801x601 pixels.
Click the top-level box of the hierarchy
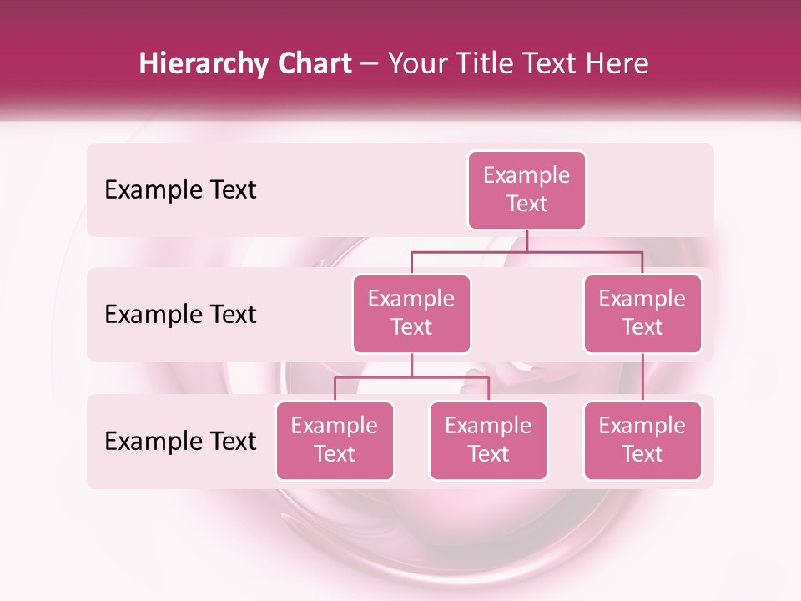(526, 189)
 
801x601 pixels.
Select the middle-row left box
(411, 313)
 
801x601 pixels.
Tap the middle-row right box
(642, 313)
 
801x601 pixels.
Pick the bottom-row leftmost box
(335, 440)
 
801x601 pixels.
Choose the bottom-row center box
(488, 440)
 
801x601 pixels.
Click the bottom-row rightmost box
(642, 440)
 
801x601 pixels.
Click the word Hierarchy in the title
(203, 64)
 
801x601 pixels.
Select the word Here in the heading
(617, 63)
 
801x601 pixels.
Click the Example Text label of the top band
(180, 190)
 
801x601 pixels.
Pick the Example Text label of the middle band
(180, 315)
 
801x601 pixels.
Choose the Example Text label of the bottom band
(180, 441)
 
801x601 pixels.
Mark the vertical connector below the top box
(526, 240)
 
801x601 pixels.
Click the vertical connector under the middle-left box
(411, 365)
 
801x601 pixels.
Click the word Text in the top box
(526, 204)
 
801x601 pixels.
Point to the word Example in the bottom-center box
(488, 426)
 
